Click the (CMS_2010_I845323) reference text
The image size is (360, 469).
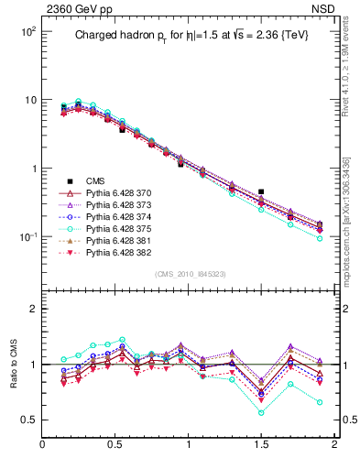189,274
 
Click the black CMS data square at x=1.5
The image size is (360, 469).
261,192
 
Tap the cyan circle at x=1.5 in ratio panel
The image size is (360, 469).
261,412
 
